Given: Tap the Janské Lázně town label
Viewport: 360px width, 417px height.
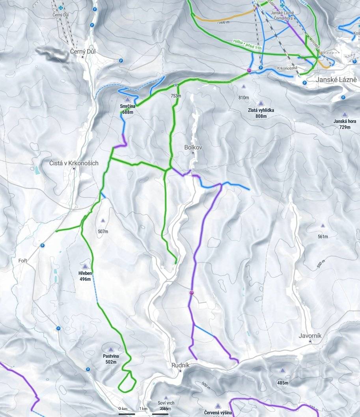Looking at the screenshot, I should point(336,80).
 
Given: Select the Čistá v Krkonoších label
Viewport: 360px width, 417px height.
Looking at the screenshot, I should point(74,163).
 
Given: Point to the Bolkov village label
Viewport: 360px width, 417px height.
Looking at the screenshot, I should point(193,147).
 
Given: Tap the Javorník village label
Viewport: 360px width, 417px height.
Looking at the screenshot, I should point(310,336).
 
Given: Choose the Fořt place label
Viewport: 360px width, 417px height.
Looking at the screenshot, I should point(22,261).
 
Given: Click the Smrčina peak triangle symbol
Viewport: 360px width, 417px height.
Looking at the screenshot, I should point(127,99).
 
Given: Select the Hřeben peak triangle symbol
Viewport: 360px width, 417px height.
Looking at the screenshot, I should point(85,266).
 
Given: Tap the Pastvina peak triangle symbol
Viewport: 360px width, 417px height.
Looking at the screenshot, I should point(111,350).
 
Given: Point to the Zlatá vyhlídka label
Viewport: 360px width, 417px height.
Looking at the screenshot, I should point(261,110).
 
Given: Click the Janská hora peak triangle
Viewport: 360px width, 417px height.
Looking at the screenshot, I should point(345,114).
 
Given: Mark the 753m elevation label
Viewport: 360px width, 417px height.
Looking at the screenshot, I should point(176,96).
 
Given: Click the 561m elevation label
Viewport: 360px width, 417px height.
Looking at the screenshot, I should point(323,237).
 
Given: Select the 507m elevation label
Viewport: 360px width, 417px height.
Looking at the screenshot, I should point(103,232).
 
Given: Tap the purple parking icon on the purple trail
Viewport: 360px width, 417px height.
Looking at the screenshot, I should point(192,293).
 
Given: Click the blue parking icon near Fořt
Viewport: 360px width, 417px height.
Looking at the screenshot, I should point(42,245).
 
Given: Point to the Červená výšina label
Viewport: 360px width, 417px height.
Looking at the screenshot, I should point(218,413).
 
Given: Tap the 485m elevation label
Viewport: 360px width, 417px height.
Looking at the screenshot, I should point(283,383).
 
